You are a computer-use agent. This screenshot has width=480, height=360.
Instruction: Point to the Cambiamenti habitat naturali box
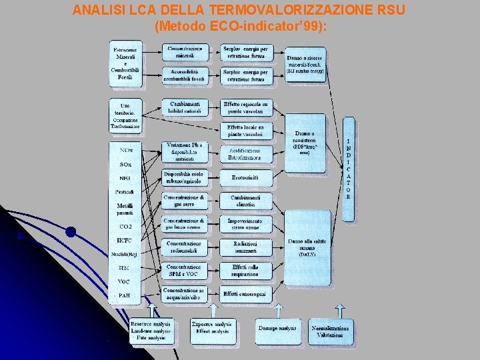[x=184, y=107]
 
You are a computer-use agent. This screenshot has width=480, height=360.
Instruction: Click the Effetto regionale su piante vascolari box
[x=246, y=107]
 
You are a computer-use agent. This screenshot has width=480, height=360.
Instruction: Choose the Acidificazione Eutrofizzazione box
[x=246, y=154]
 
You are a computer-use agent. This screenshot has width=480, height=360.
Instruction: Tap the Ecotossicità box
[x=246, y=178]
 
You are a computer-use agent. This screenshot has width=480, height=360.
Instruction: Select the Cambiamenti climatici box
[x=246, y=202]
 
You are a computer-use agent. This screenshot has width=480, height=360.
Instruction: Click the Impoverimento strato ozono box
[x=246, y=225]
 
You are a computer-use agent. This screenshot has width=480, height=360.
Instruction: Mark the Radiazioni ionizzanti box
[x=246, y=247]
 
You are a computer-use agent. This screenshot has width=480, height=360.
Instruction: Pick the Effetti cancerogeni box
[x=246, y=293]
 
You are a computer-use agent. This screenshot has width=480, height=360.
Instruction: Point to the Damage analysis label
[x=278, y=329]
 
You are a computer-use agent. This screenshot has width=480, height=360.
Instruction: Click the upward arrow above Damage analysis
[x=278, y=310]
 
